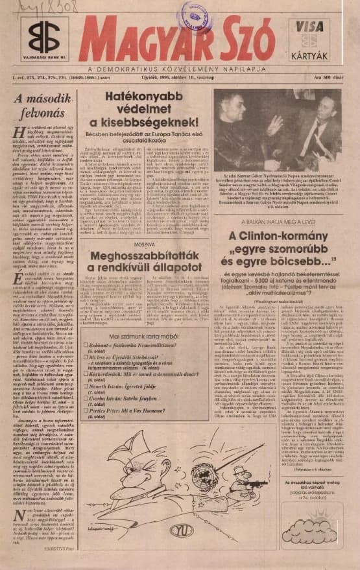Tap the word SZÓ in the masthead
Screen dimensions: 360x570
(x=239, y=41)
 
